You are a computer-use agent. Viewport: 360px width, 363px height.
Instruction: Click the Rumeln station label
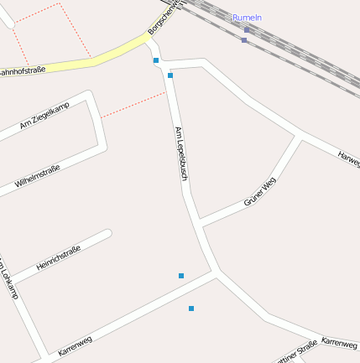click(x=247, y=17)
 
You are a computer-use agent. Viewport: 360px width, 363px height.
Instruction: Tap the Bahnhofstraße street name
click(x=21, y=72)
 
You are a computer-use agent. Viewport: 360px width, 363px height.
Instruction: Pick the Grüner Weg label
click(x=259, y=192)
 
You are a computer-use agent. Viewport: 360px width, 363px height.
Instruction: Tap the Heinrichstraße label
click(x=58, y=258)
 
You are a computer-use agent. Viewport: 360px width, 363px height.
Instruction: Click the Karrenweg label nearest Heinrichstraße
click(x=75, y=345)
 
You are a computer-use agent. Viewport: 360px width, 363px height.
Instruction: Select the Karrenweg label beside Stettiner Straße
click(x=339, y=344)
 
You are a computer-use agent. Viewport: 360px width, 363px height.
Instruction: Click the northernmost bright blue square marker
click(x=156, y=60)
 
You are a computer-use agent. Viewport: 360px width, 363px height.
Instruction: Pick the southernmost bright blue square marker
click(x=191, y=309)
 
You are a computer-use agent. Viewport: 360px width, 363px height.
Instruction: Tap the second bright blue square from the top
click(x=170, y=75)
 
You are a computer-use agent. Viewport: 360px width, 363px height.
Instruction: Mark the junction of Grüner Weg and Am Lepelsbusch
click(x=201, y=224)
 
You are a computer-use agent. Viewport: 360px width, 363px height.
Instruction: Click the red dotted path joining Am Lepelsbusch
click(x=134, y=105)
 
